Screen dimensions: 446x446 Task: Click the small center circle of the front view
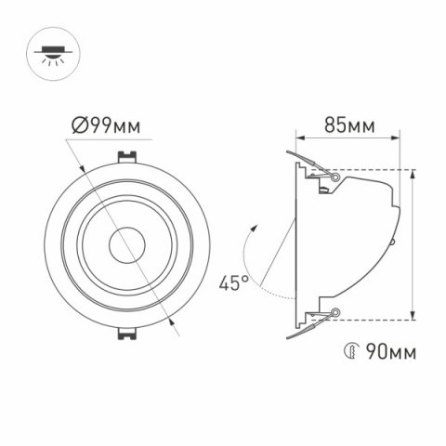(x=124, y=245)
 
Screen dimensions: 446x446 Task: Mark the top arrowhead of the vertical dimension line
(x=412, y=174)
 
